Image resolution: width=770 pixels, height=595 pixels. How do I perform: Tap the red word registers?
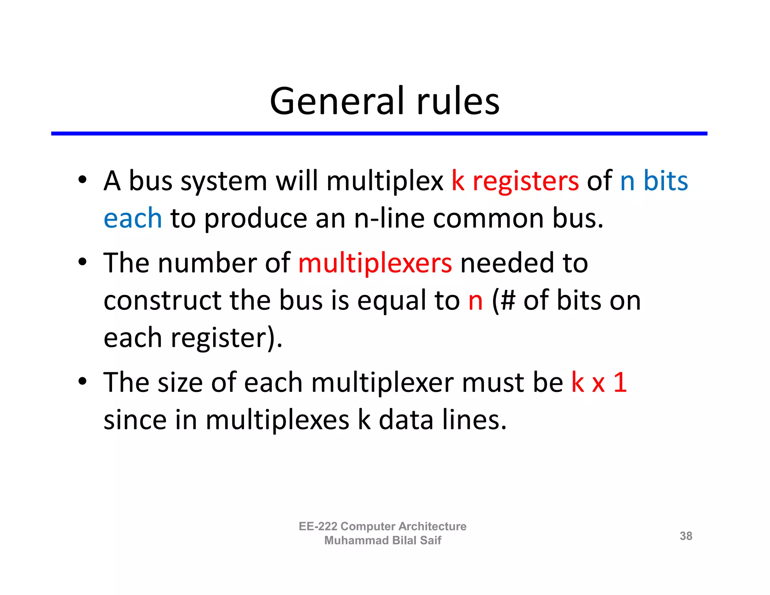click(x=526, y=181)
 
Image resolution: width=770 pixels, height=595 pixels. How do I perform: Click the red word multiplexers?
click(x=375, y=263)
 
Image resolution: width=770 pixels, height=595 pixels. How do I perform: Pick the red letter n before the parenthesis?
click(x=475, y=301)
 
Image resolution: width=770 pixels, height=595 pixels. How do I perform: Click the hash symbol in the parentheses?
click(x=508, y=301)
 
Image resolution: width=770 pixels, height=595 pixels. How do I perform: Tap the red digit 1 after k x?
click(x=620, y=382)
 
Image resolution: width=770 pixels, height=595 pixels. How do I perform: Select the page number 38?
click(x=686, y=536)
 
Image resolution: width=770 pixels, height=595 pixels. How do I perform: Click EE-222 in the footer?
click(x=318, y=526)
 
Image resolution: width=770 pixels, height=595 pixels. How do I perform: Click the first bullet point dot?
click(x=82, y=179)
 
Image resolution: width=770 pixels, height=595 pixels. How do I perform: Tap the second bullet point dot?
click(x=82, y=261)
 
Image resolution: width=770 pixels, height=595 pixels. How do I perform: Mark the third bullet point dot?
click(x=82, y=381)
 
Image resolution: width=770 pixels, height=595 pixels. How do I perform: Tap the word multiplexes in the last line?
click(x=277, y=420)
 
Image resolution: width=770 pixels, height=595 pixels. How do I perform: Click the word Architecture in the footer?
click(x=432, y=526)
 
